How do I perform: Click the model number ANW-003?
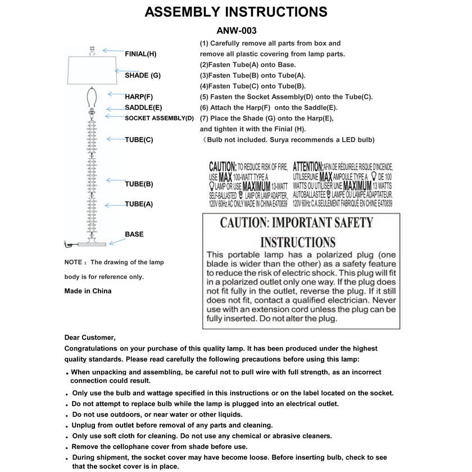click(x=236, y=31)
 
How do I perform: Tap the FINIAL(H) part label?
click(x=140, y=54)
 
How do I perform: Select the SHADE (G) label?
click(x=143, y=75)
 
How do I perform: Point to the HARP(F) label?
click(x=139, y=97)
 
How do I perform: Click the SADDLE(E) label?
click(x=143, y=107)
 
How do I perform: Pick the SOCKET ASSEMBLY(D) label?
click(x=159, y=118)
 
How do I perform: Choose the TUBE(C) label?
click(x=139, y=139)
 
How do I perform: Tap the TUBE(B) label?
click(x=139, y=184)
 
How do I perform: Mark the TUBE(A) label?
click(x=139, y=204)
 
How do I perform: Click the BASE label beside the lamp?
click(x=134, y=234)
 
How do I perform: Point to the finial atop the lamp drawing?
click(x=91, y=49)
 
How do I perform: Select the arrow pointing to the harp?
click(x=115, y=94)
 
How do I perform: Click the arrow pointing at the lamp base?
click(x=117, y=240)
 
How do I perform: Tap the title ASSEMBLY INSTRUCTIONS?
click(x=236, y=12)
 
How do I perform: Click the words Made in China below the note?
click(x=88, y=291)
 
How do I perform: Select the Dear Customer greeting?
click(x=90, y=338)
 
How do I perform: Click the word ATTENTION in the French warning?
click(x=308, y=167)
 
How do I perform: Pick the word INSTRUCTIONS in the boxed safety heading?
click(x=298, y=243)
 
